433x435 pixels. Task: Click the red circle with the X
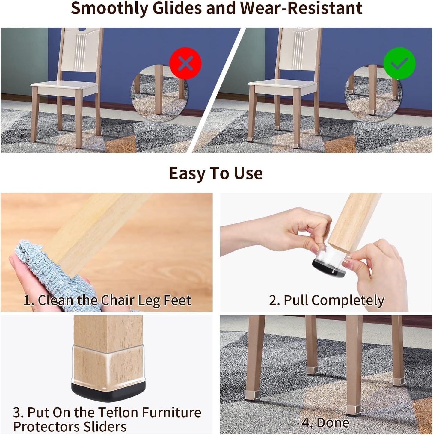pyautogui.click(x=185, y=63)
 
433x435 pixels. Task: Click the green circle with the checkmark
pyautogui.click(x=399, y=63)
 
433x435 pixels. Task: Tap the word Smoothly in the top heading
pyautogui.click(x=109, y=8)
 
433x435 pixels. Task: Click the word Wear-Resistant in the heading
pyautogui.click(x=301, y=8)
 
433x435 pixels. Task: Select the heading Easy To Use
pyautogui.click(x=216, y=173)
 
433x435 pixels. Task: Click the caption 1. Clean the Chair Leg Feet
pyautogui.click(x=107, y=300)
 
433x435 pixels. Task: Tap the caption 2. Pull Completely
pyautogui.click(x=327, y=300)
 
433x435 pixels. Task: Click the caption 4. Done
pyautogui.click(x=325, y=423)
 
